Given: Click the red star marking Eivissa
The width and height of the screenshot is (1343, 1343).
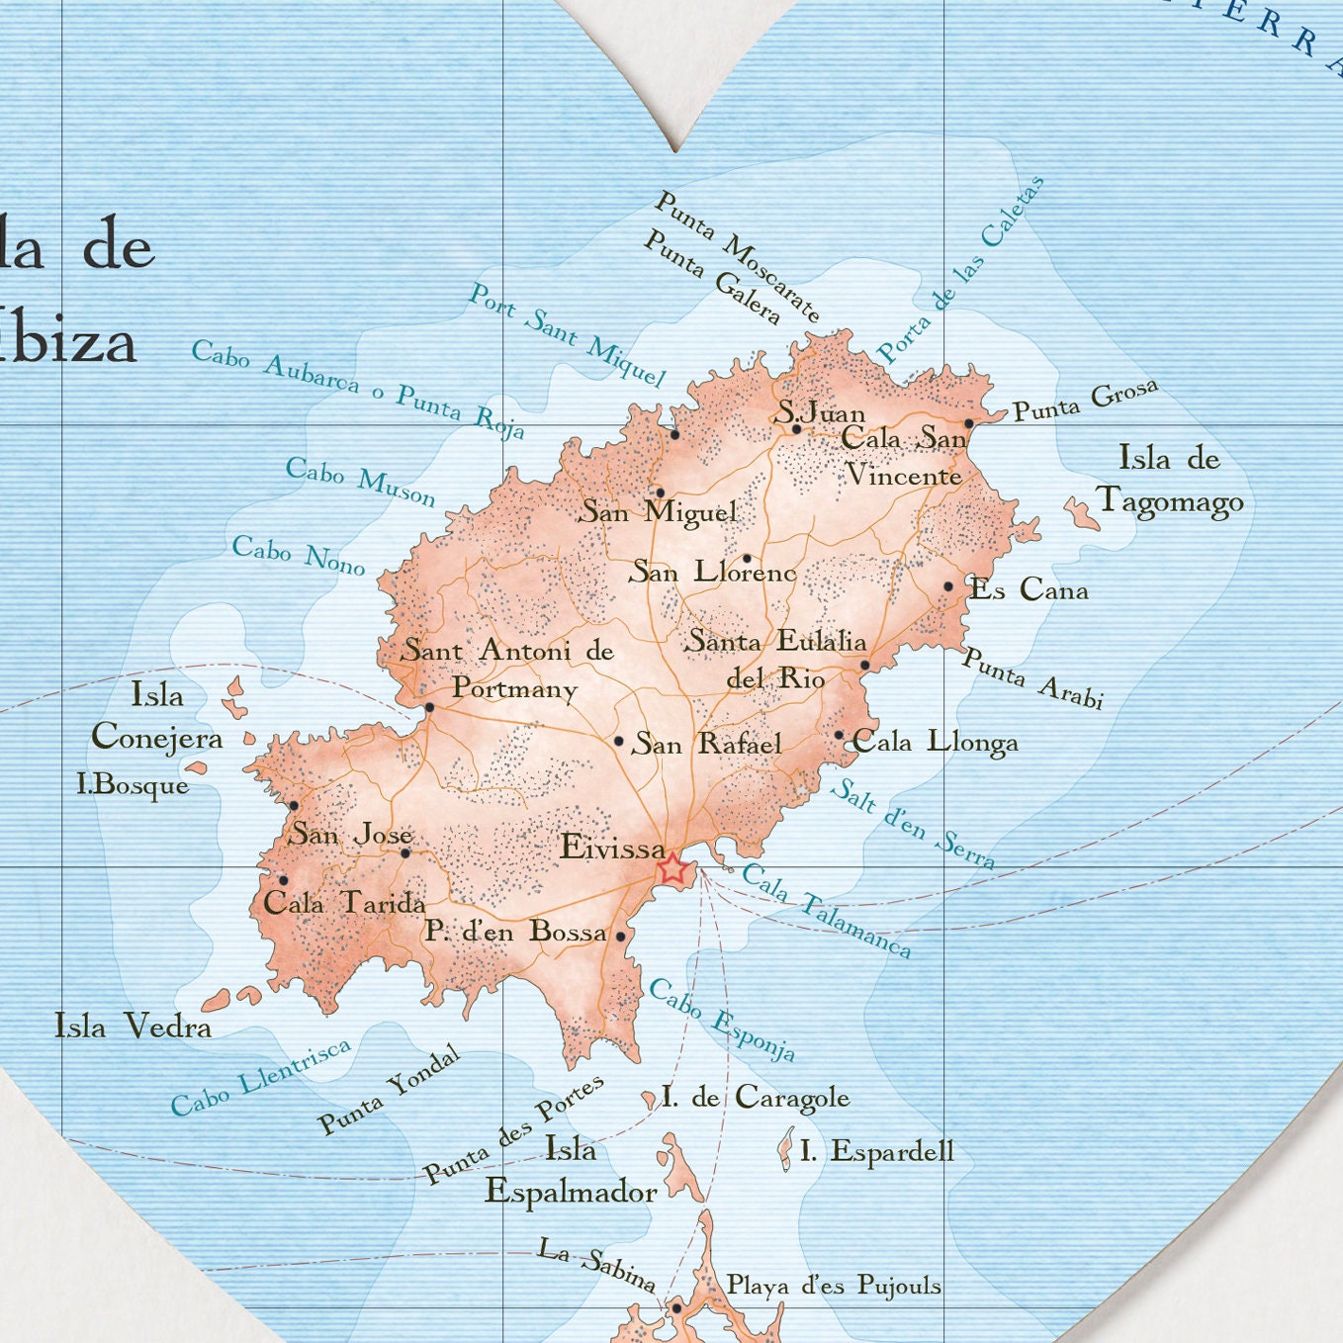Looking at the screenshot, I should point(672,869).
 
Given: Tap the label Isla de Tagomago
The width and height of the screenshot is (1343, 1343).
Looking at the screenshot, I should point(1170,481).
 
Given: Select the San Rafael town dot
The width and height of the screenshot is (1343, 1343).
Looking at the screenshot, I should point(619,741).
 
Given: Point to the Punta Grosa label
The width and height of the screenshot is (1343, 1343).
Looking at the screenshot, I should point(1085,401).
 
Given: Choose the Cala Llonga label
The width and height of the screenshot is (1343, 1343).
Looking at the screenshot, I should point(935,742).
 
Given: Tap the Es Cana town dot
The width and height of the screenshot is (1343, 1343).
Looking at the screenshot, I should point(948,586).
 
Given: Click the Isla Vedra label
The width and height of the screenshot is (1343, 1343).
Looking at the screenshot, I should point(133,1026).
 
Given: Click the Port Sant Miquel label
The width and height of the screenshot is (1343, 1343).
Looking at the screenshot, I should point(567,335).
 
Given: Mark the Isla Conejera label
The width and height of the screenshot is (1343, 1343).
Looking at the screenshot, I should point(157,717).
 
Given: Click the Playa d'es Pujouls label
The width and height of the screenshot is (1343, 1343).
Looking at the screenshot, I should point(834,1285).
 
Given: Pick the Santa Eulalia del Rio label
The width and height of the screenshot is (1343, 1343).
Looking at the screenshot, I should point(777,659).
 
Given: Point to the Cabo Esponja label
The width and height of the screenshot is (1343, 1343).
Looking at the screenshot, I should point(722,1020).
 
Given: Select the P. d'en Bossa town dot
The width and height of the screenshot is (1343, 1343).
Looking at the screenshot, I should point(621,936).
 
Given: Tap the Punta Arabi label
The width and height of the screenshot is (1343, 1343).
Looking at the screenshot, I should point(1032,678).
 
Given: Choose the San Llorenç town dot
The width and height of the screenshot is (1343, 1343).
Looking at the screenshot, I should point(747,559).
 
